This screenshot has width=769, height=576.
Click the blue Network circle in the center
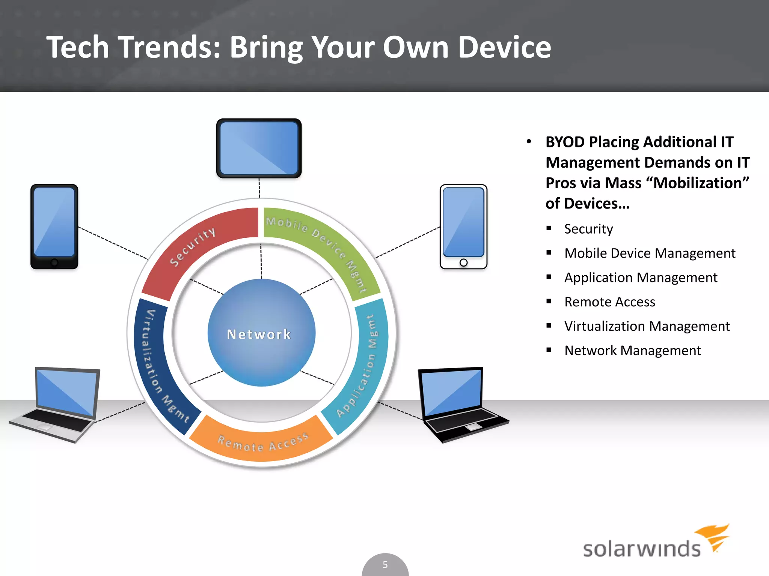pyautogui.click(x=261, y=333)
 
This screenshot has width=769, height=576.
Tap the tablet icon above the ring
pyautogui.click(x=259, y=148)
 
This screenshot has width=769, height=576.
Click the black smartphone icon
pyautogui.click(x=54, y=226)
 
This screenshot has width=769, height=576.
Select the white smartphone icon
pyautogui.click(x=463, y=226)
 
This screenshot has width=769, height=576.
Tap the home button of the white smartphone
pyautogui.click(x=463, y=262)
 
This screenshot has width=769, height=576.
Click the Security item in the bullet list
pyautogui.click(x=588, y=229)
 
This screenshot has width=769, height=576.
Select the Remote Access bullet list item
pyautogui.click(x=609, y=302)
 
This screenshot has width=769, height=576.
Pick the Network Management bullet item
pyautogui.click(x=632, y=351)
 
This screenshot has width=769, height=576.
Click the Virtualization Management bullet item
pyautogui.click(x=647, y=326)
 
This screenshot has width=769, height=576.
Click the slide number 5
pyautogui.click(x=385, y=565)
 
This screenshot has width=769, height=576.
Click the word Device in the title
pyautogui.click(x=504, y=47)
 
